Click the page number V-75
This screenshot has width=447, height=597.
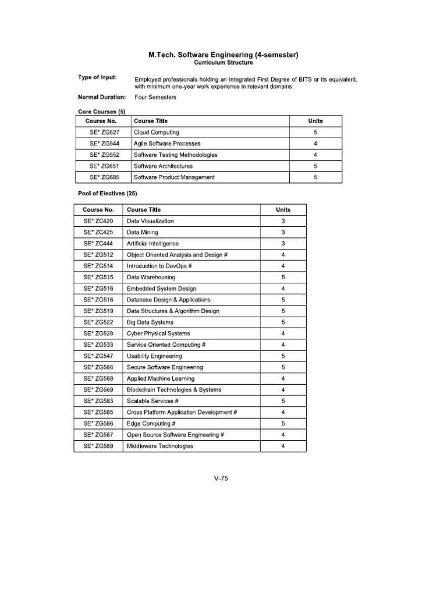[x=221, y=478]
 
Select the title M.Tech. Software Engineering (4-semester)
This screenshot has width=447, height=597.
[x=223, y=55]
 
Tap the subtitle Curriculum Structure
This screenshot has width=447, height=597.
[x=223, y=63]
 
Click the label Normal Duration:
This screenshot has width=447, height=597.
[x=102, y=97]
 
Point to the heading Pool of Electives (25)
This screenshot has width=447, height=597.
[x=108, y=193]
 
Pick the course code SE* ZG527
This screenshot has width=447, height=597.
[x=104, y=132]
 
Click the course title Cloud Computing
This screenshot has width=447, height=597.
[x=157, y=132]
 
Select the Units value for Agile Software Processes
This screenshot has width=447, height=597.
[x=315, y=143]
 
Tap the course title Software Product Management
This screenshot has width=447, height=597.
[x=174, y=177]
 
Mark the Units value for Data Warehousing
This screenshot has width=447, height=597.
[x=283, y=278]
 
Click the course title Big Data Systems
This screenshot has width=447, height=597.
[x=150, y=322]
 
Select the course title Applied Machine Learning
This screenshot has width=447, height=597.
[x=161, y=378]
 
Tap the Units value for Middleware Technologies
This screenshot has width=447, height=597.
[x=283, y=446]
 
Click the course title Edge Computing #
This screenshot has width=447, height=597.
[x=151, y=424]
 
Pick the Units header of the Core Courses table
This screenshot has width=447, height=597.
[x=315, y=121]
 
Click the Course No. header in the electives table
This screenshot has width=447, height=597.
[x=98, y=210]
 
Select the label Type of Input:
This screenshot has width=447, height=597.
[x=97, y=78]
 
